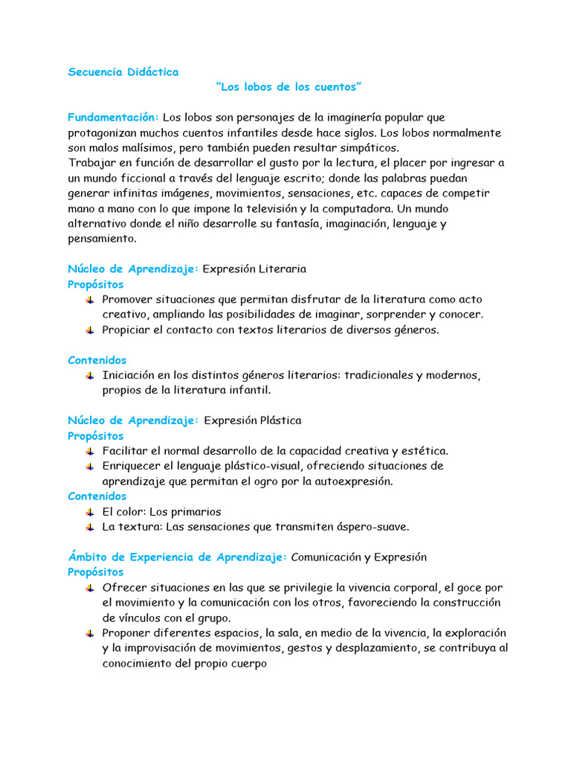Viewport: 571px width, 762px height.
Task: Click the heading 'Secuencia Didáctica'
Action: [123, 72]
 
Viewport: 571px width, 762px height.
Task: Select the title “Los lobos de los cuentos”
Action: [288, 88]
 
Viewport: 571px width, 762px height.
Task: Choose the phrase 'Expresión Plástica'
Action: [253, 420]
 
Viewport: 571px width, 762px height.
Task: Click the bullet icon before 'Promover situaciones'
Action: [90, 299]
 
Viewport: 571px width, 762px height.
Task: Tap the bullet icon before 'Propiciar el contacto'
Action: [90, 330]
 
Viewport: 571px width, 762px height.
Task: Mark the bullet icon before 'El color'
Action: [90, 512]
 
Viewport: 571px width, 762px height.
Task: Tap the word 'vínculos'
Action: [141, 618]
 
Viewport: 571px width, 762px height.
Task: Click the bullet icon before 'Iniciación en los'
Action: [90, 375]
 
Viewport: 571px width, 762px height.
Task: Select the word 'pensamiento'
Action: [102, 239]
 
